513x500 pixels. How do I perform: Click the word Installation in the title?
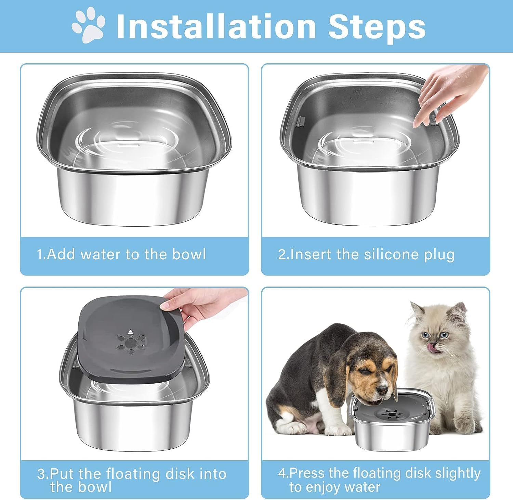(x=215, y=27)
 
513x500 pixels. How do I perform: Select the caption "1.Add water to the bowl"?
(x=121, y=255)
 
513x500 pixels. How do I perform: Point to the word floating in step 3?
(x=133, y=474)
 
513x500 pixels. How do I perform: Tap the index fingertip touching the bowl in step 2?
(x=417, y=124)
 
